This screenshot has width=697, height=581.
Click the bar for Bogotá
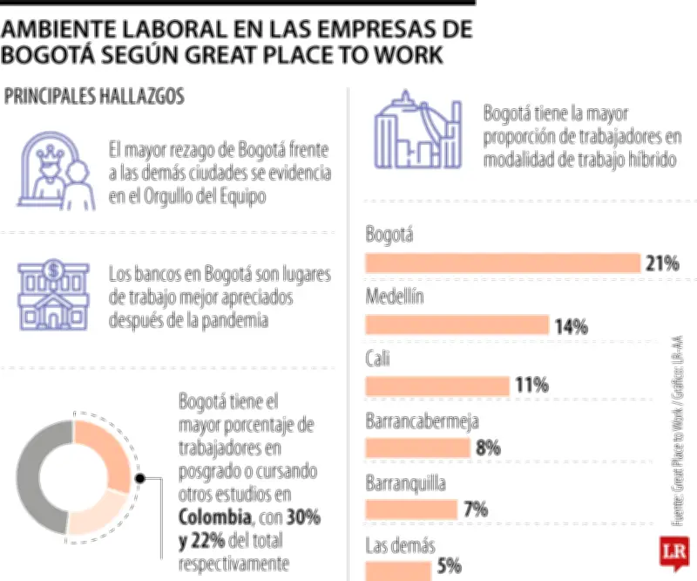coord(503,263)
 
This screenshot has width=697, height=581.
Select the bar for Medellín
coord(457,325)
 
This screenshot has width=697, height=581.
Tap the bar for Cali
coord(437,386)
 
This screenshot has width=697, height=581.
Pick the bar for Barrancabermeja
coord(419,448)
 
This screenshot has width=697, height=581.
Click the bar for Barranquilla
coord(411,509)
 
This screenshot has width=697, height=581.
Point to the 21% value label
coord(662,263)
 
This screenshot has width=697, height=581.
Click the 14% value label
coord(571,326)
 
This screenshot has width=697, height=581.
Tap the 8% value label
coord(488,448)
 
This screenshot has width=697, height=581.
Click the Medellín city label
coord(395,296)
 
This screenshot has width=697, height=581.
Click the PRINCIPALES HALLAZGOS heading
coord(94,97)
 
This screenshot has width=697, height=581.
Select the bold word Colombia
coord(210,517)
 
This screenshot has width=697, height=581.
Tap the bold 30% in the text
coord(303,517)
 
